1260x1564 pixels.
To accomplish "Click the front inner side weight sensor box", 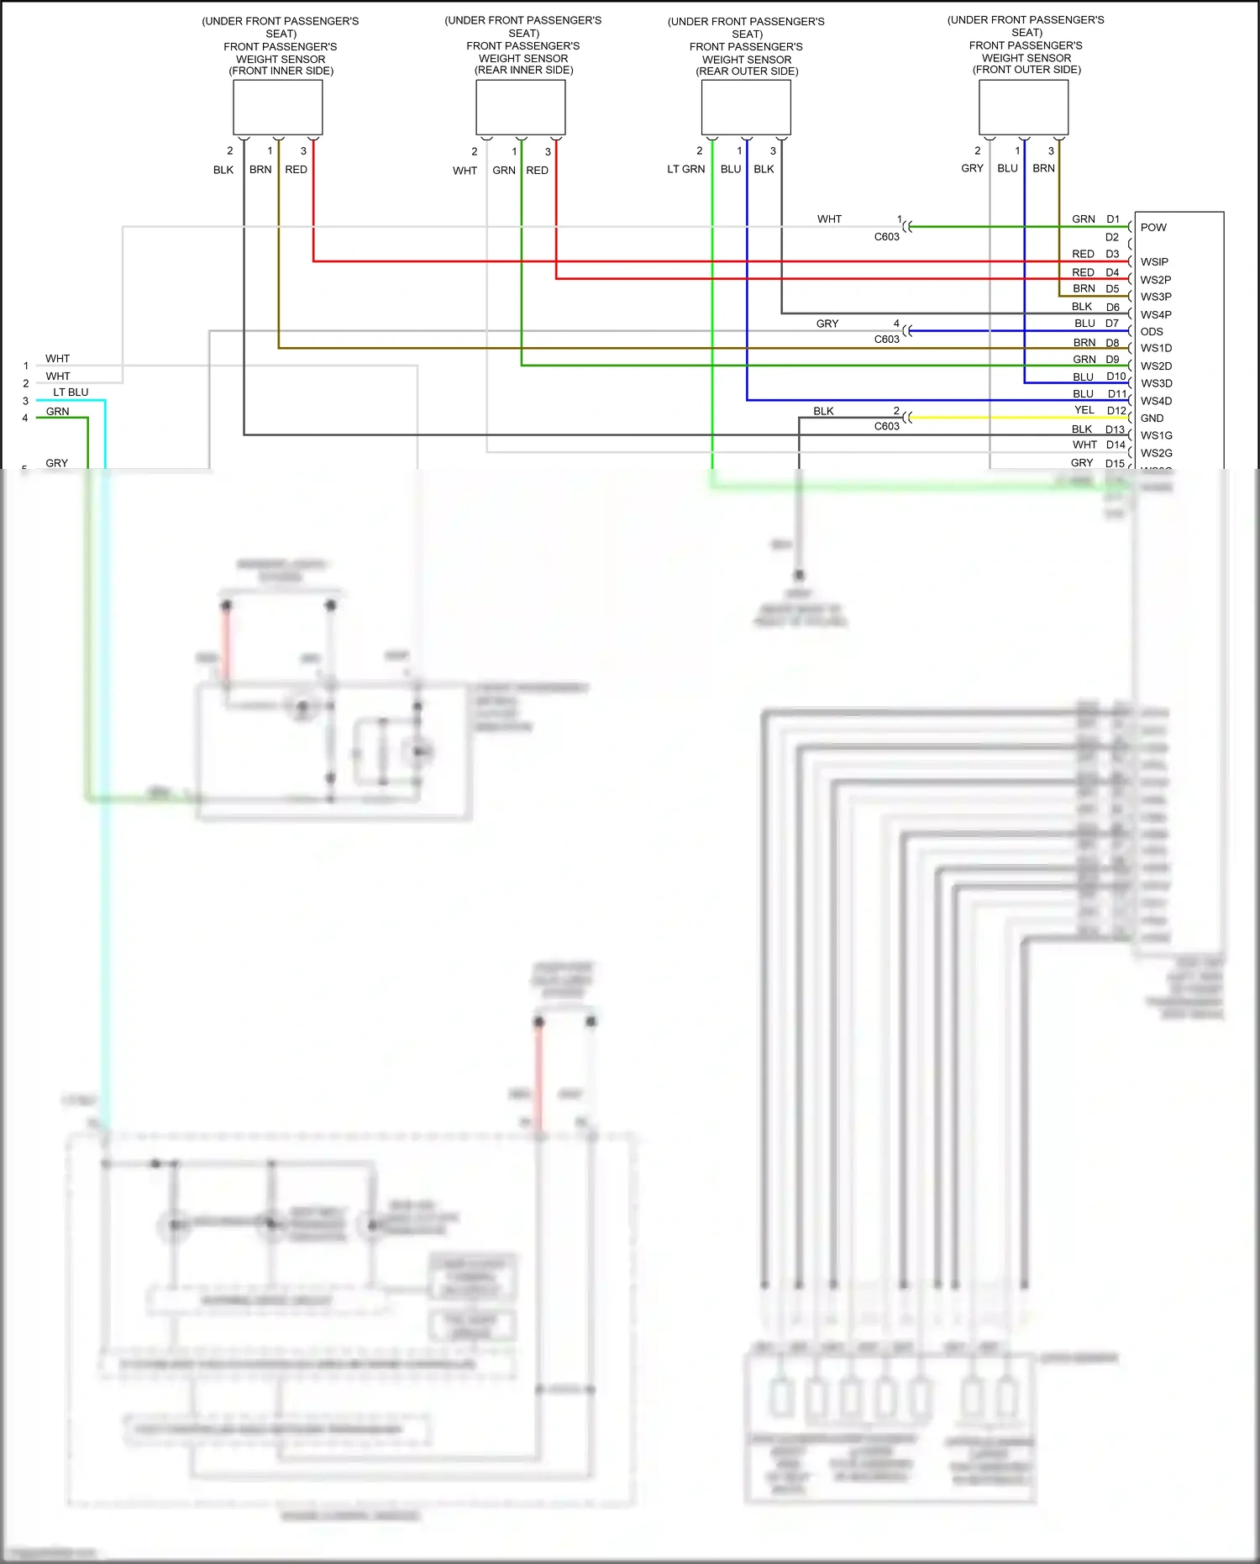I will (x=277, y=108).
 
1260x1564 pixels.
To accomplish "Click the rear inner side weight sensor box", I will (x=520, y=108).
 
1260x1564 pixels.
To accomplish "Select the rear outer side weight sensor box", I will (x=746, y=108).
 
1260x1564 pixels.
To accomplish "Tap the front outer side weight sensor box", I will (x=1023, y=107).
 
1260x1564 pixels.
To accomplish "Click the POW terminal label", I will (x=1153, y=228).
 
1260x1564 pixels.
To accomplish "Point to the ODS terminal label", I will (x=1152, y=332).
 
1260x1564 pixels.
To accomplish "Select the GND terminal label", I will (x=1152, y=419).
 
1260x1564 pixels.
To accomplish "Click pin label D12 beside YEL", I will (x=1116, y=411).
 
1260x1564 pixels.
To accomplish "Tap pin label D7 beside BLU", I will (x=1111, y=324).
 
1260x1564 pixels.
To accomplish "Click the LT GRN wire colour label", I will (x=685, y=170).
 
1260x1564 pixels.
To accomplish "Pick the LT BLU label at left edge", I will (x=71, y=392).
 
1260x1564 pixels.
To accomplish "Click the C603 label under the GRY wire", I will (x=886, y=340).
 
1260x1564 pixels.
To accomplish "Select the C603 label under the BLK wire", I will (x=886, y=427).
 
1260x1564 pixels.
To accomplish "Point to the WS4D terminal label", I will (x=1156, y=402).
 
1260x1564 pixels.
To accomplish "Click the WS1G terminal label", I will (x=1156, y=436).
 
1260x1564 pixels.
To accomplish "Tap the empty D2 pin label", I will (x=1111, y=238).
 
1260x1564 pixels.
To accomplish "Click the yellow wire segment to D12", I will (x=1008, y=418).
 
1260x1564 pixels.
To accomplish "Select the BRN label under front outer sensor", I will (x=1043, y=169).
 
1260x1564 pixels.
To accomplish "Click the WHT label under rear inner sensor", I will (x=465, y=171).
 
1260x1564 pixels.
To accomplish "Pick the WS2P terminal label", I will (x=1155, y=280).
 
